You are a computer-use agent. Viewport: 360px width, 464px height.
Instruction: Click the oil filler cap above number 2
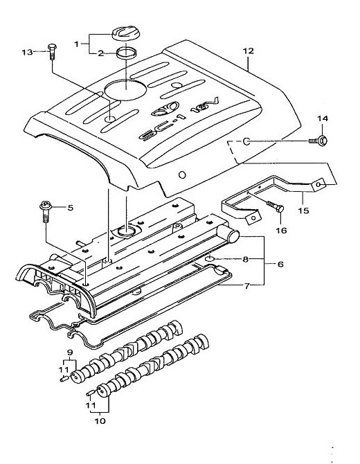pos(126,35)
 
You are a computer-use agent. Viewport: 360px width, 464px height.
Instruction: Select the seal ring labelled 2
pos(127,53)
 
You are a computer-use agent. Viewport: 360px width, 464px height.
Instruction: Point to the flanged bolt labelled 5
pos(46,211)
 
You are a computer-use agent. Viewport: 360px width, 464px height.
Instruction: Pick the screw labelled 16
pos(276,208)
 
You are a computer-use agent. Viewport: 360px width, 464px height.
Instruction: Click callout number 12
pos(248,51)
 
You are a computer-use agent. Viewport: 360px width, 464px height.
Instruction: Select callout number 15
pos(303,211)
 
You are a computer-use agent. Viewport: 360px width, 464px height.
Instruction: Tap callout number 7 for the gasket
pos(246,285)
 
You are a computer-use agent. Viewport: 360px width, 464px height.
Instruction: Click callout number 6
pos(280,264)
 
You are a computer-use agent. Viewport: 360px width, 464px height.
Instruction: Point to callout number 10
pos(100,421)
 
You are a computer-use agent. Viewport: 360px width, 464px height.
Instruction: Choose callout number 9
pos(70,353)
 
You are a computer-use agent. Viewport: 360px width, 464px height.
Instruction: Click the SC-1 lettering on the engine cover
pos(162,127)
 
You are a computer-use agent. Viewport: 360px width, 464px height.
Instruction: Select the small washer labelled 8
pos(210,259)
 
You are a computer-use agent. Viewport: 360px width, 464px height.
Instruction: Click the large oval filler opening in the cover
pos(126,89)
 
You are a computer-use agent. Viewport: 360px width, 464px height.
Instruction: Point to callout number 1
pos(76,44)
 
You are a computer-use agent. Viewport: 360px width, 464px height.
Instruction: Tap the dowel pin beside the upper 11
pos(64,379)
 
